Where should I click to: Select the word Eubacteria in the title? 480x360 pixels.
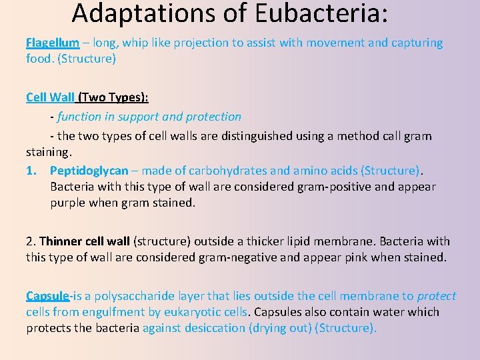pyautogui.click(x=313, y=13)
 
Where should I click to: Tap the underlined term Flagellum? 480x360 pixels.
pyautogui.click(x=52, y=43)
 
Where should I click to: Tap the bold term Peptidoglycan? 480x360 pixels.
pyautogui.click(x=89, y=171)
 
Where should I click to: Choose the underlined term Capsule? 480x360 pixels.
pyautogui.click(x=47, y=296)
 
